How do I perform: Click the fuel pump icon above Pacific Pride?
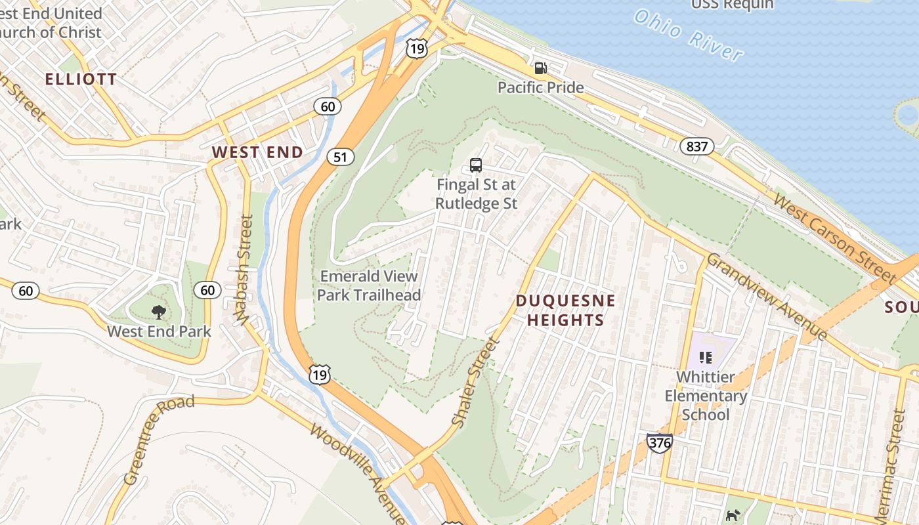tap(540, 68)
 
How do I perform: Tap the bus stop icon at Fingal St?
tap(476, 165)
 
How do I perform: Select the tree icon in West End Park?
tap(158, 312)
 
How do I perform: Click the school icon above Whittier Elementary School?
tap(706, 358)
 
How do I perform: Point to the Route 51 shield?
tap(340, 157)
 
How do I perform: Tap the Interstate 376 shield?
tap(659, 442)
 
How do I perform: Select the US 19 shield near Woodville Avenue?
tap(319, 374)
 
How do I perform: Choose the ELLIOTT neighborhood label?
tap(81, 79)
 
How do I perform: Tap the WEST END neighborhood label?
tap(257, 152)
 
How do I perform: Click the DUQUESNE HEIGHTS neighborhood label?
tap(565, 310)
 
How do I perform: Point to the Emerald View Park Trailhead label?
tap(369, 285)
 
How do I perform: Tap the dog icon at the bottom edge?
tap(733, 516)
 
